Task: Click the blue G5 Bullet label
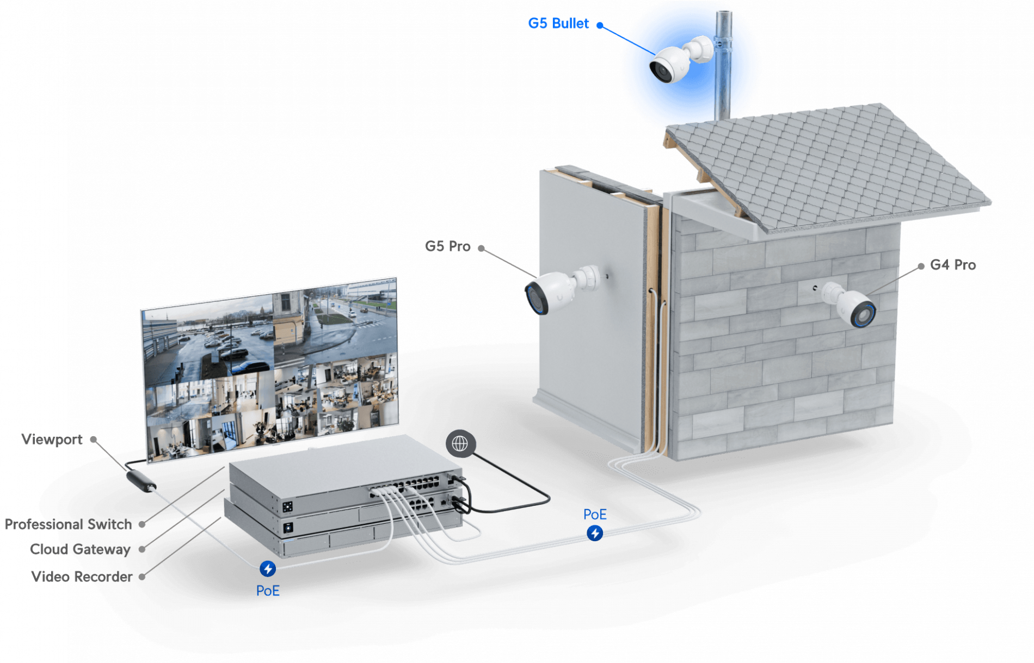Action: click(x=558, y=23)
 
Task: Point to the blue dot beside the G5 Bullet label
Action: click(x=600, y=24)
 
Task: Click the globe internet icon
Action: click(x=460, y=444)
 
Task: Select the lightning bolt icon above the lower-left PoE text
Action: click(x=267, y=569)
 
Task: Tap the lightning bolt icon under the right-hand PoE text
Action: click(x=595, y=533)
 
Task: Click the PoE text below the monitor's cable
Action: click(x=268, y=591)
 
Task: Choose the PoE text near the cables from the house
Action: click(x=595, y=515)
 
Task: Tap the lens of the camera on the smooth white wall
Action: click(x=536, y=299)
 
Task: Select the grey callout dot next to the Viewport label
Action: click(x=94, y=439)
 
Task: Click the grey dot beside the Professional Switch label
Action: click(x=142, y=524)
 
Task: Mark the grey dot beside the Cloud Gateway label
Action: click(x=142, y=549)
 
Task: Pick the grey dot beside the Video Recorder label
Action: click(x=142, y=577)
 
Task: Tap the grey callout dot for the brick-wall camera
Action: click(x=921, y=266)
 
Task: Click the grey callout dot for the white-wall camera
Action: click(x=481, y=248)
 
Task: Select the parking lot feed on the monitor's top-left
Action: click(x=207, y=340)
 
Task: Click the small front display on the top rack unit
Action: click(x=287, y=506)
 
